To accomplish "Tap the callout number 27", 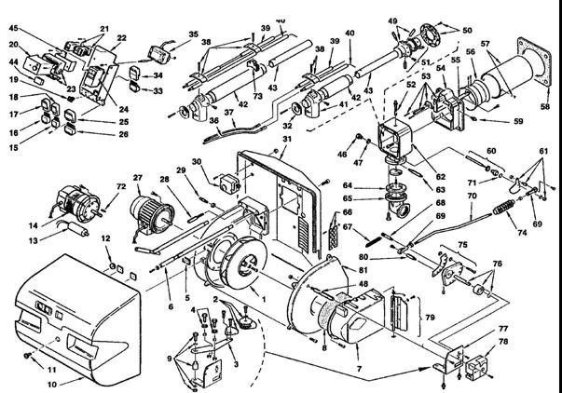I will pyautogui.click(x=136, y=177).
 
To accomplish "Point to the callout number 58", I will pyautogui.click(x=545, y=107).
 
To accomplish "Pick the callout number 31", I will pyautogui.click(x=287, y=140).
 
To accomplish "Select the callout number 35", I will pyautogui.click(x=193, y=35).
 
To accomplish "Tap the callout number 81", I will pyautogui.click(x=363, y=270).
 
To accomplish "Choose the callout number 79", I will pyautogui.click(x=431, y=318).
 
